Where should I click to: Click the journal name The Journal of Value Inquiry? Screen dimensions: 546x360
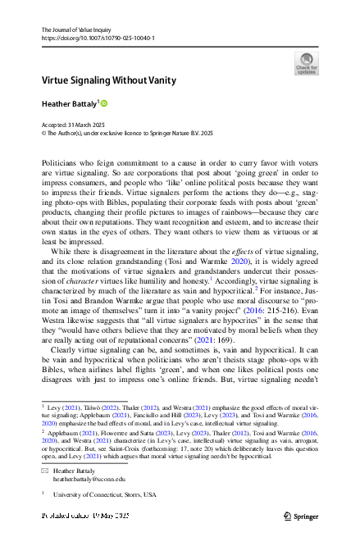click(79, 30)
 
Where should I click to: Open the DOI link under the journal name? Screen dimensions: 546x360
click(97, 39)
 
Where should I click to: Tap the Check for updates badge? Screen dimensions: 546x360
click(306, 63)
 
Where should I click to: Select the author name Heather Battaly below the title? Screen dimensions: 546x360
click(69, 103)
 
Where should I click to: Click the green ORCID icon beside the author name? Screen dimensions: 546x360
click(104, 103)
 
